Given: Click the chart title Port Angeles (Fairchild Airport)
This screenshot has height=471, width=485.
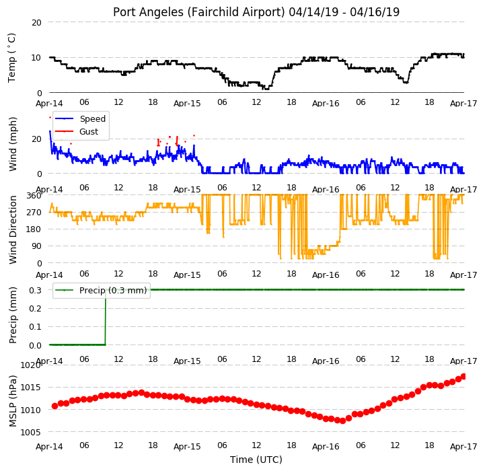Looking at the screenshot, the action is tap(198, 12).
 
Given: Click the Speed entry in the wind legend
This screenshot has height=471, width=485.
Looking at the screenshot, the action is tap(92, 119).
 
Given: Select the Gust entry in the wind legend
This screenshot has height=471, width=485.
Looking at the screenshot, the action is tap(89, 131).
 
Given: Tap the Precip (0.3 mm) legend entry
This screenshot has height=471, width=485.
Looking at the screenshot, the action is tap(113, 291).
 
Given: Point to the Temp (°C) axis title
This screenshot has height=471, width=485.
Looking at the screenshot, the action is tap(11, 58).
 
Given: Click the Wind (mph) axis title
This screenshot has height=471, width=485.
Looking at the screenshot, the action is tap(12, 144).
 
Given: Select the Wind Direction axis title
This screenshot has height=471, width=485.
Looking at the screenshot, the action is tap(12, 230).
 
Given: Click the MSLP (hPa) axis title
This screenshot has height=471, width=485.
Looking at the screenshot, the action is tap(12, 401).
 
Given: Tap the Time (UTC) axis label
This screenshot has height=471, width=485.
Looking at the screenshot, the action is tap(256, 460).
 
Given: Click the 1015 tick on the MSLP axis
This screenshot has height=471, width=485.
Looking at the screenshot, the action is tap(30, 388).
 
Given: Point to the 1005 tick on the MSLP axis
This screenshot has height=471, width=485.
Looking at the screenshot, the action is tap(30, 433).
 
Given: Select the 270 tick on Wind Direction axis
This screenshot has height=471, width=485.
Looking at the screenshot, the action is tap(34, 213).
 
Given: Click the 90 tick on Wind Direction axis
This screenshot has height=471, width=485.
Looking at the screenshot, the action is tap(37, 246).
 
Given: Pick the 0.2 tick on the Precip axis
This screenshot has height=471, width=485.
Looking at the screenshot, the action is tap(35, 309).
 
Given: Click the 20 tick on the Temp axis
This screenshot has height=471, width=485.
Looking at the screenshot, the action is tap(36, 23).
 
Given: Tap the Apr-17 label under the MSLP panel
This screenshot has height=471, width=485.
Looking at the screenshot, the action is tap(463, 447).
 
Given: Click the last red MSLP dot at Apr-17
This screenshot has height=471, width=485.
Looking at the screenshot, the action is tap(463, 377).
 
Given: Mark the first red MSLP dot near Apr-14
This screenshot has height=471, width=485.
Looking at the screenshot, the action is tap(54, 406).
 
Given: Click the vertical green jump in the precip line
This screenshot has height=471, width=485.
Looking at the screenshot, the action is tap(106, 317).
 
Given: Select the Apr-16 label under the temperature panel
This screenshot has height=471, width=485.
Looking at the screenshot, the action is tap(326, 104).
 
